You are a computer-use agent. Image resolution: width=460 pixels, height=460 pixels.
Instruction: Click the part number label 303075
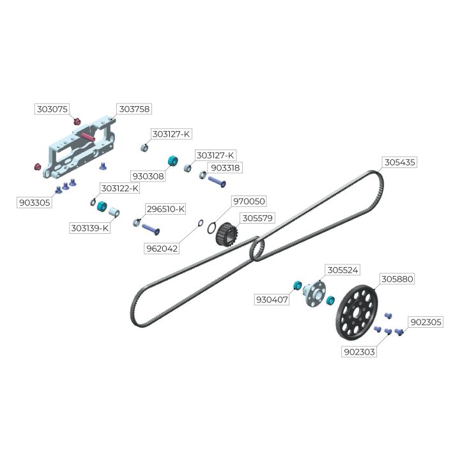coord(52,109)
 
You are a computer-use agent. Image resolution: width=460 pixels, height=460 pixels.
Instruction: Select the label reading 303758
coord(134,109)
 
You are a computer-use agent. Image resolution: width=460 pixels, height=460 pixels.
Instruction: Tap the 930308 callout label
coord(148,176)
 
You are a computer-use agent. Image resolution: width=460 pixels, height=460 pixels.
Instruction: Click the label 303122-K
coord(119,188)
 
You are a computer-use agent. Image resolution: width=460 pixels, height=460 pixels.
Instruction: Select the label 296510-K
coord(165,209)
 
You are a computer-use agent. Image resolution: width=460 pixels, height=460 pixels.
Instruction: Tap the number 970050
coord(249,201)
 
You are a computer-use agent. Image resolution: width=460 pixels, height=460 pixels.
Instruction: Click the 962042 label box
coord(162,249)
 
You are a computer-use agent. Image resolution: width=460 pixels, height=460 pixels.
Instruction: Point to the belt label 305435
coord(399,162)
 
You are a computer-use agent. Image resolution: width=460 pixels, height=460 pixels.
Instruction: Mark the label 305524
coord(343,270)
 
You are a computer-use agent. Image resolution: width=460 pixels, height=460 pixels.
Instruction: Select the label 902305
coord(425,322)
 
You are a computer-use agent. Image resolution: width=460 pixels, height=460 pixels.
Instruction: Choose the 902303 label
coord(358,351)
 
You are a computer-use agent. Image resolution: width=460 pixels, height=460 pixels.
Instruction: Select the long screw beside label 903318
coord(216,181)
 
